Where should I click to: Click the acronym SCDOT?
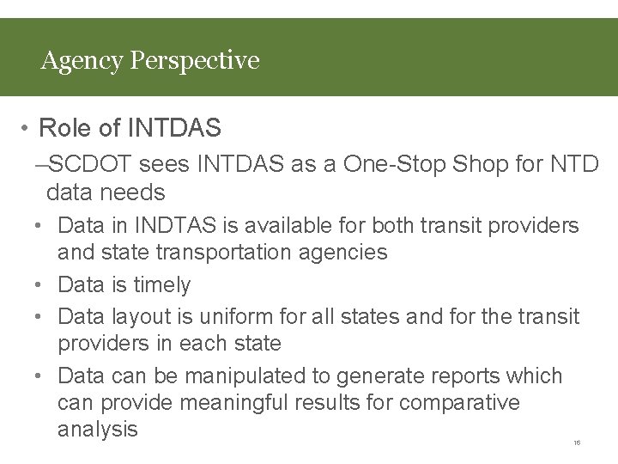[x=91, y=164]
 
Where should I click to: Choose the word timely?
[x=161, y=284]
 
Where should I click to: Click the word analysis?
[x=97, y=430]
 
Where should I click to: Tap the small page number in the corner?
[x=577, y=443]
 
